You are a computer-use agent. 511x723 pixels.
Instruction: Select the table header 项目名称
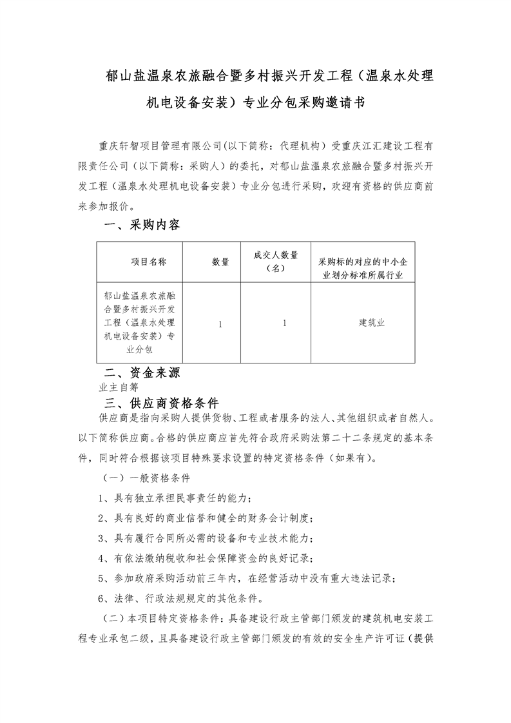(149, 262)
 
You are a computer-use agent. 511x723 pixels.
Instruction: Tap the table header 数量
(220, 262)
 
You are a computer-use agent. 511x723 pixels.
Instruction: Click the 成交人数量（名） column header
(275, 262)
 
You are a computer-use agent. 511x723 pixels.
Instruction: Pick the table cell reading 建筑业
(372, 323)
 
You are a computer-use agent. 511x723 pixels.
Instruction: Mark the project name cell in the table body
(140, 323)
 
